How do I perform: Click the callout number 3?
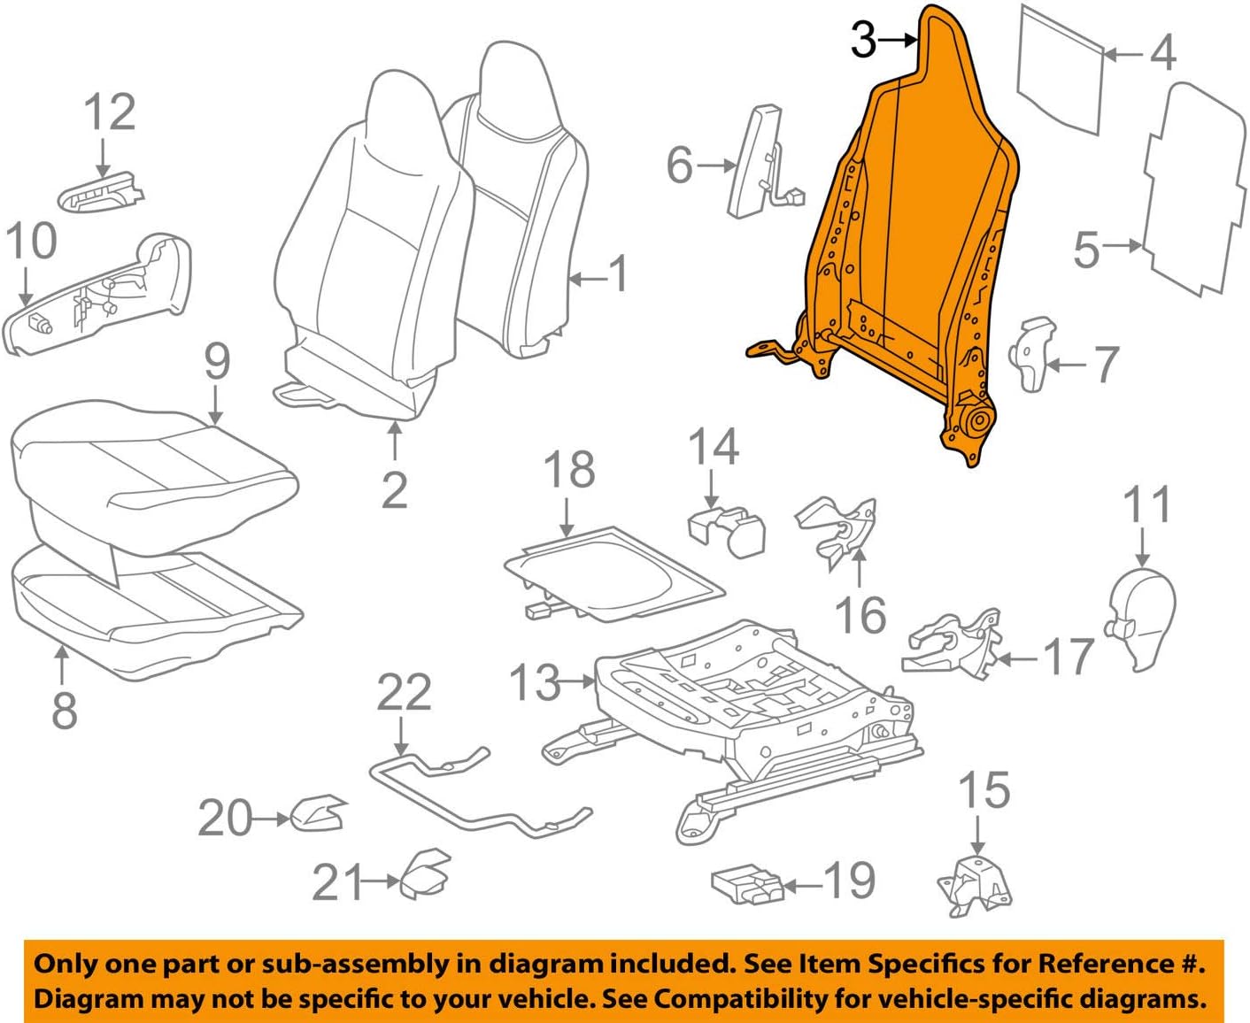click(863, 40)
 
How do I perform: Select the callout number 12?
click(110, 113)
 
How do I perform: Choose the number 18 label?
click(568, 470)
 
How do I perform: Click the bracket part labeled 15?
click(974, 885)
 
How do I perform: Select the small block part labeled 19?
click(746, 885)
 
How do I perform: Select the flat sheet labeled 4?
click(1061, 71)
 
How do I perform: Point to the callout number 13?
click(535, 682)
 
